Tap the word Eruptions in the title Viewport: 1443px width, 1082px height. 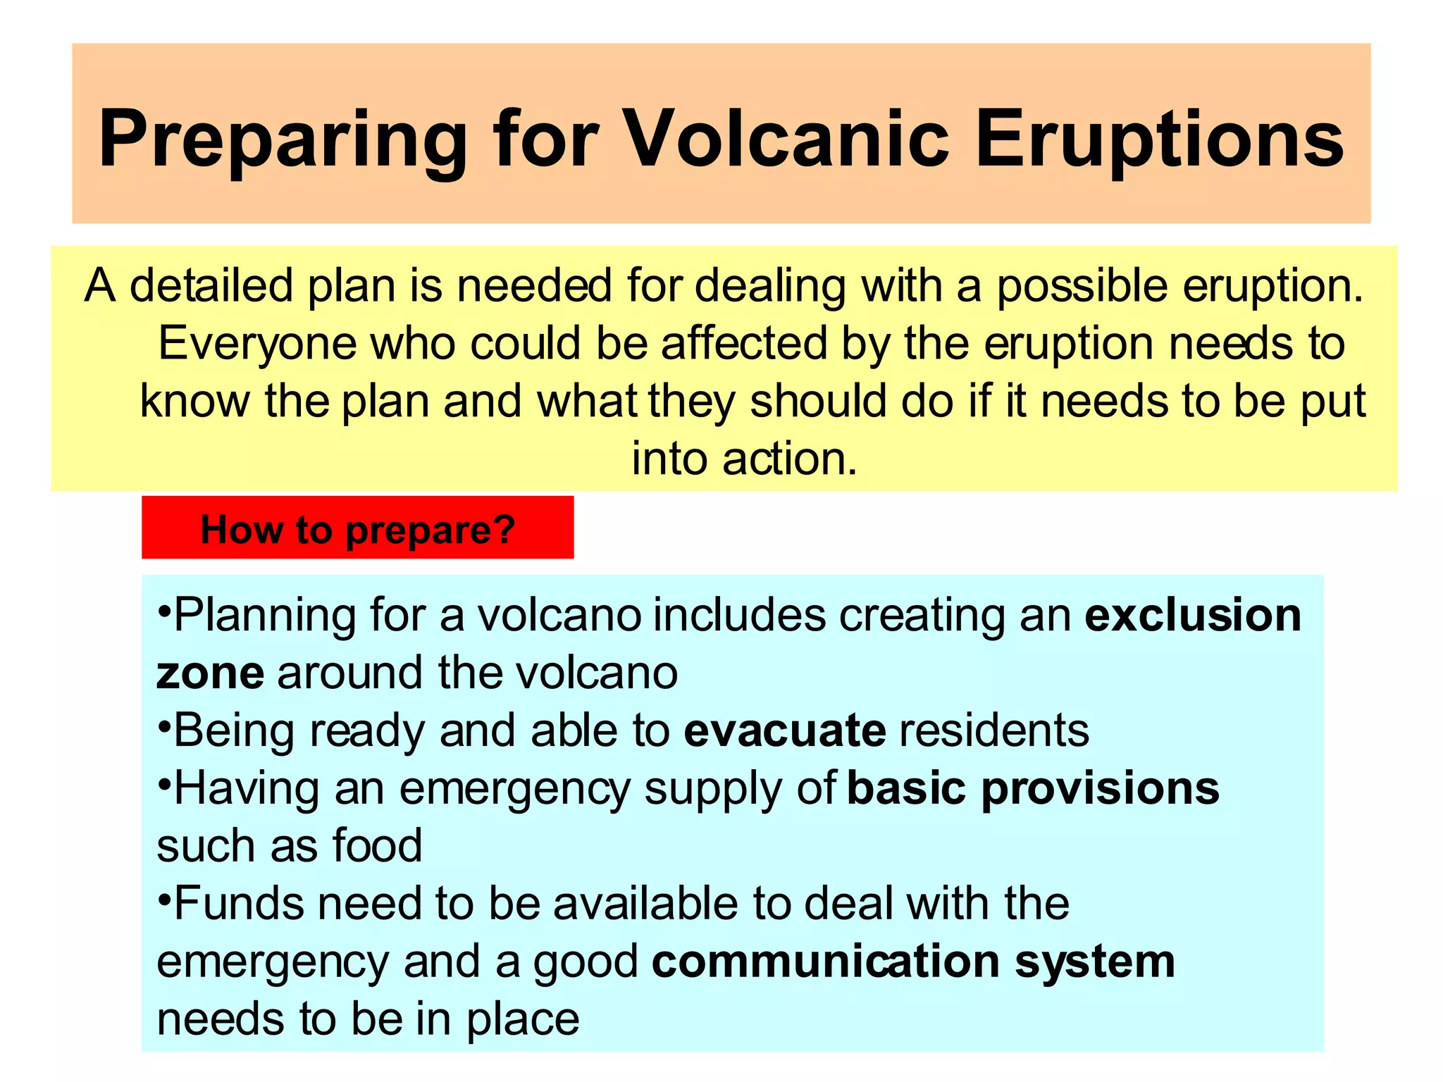pos(1160,139)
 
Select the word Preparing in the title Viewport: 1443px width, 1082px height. pos(283,139)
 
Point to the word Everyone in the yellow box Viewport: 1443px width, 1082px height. pos(257,344)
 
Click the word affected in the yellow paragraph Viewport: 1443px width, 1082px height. pos(743,344)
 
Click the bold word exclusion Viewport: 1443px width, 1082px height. pos(1192,614)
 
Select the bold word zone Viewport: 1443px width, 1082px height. pos(210,673)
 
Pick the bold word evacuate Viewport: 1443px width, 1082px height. pos(784,730)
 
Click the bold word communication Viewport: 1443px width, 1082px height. pos(826,962)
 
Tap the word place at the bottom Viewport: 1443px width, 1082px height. pos(522,1020)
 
